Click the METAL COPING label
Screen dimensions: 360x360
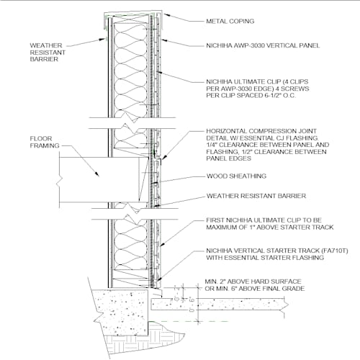(x=230, y=21)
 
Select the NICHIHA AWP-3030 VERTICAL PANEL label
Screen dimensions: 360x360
(x=263, y=45)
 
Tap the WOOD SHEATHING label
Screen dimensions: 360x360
(x=236, y=176)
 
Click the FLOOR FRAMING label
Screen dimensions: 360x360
(x=45, y=142)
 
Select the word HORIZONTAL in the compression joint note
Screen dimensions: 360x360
(x=226, y=131)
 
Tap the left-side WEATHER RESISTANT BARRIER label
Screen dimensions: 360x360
(x=48, y=53)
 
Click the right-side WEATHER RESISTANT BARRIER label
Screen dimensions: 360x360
(x=256, y=196)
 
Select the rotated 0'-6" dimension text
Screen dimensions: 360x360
(x=192, y=305)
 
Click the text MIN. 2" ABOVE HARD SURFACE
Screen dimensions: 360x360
(x=253, y=282)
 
